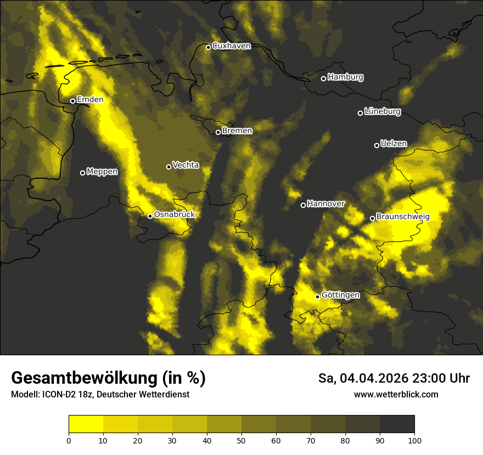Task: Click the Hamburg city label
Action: tap(345, 77)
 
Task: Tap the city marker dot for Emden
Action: tap(72, 101)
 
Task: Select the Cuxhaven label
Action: tap(231, 46)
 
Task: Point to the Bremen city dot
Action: tap(218, 132)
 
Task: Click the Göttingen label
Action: tap(340, 295)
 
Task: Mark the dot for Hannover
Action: tap(303, 205)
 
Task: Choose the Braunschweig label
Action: tap(403, 217)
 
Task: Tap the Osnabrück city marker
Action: tap(150, 216)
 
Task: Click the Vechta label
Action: tap(186, 165)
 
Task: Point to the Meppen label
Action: tap(102, 172)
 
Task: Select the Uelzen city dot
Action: tap(377, 145)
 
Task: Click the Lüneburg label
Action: tap(383, 112)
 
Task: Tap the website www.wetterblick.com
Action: tap(396, 394)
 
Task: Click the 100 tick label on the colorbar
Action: tap(414, 440)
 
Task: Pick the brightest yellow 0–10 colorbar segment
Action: tap(86, 424)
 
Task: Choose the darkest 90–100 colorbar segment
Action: tap(397, 424)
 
